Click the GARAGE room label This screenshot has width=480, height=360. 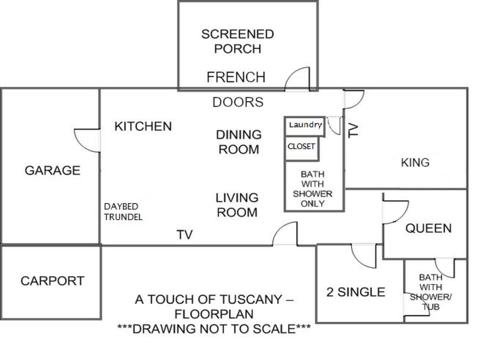click(52, 170)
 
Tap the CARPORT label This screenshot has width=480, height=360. click(52, 281)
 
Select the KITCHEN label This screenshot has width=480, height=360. click(143, 126)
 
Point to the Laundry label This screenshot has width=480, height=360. click(305, 125)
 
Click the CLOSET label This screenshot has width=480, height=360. click(301, 146)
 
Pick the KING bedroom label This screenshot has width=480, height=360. click(415, 162)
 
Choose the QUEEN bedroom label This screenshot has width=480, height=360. click(428, 228)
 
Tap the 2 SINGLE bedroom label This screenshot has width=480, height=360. click(355, 292)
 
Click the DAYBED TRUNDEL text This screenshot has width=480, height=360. click(123, 212)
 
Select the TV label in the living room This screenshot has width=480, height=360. click(185, 235)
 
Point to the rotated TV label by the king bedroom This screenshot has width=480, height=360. click(353, 130)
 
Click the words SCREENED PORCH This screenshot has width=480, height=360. click(237, 41)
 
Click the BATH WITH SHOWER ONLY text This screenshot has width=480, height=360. click(312, 189)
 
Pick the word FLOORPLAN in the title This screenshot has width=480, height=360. click(214, 314)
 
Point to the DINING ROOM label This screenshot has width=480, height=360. click(239, 142)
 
